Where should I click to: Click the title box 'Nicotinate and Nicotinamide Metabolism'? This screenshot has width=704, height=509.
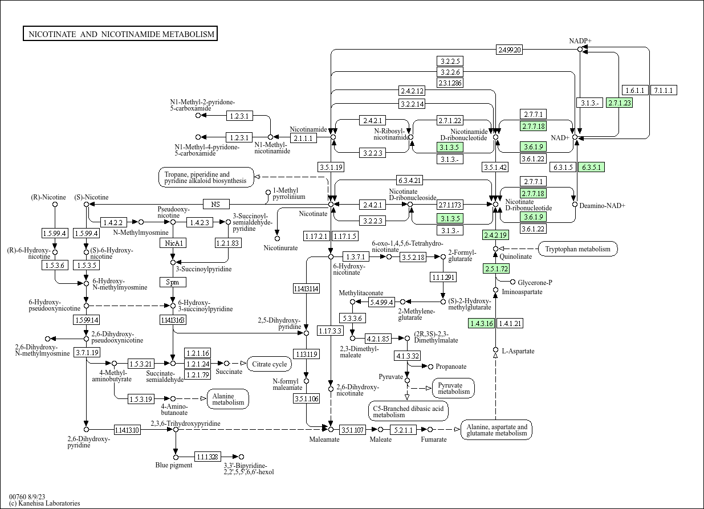click(x=121, y=34)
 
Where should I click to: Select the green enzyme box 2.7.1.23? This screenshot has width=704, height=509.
click(x=620, y=103)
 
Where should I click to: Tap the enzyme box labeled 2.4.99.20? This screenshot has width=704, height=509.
click(x=509, y=50)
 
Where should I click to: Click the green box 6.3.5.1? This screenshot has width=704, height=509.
click(x=591, y=167)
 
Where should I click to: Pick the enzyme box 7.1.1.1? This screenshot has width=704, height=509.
click(x=664, y=90)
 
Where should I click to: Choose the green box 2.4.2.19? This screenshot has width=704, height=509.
click(x=495, y=235)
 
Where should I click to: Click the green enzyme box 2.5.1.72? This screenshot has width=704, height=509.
click(x=496, y=268)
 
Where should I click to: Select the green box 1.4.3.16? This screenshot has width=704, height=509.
click(x=481, y=323)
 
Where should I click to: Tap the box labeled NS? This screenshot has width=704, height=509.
click(x=215, y=204)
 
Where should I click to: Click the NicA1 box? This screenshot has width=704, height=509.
click(x=173, y=243)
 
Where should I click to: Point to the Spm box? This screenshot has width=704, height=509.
click(x=173, y=282)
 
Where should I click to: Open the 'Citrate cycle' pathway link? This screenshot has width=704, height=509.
click(x=269, y=364)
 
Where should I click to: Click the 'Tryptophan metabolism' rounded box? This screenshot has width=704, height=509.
click(x=577, y=249)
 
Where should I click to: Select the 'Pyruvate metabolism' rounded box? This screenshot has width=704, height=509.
click(x=453, y=388)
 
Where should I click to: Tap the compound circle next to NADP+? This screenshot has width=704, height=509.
click(x=580, y=50)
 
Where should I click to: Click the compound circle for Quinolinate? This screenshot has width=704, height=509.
click(x=495, y=249)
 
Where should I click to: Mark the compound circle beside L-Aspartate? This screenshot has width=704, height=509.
click(x=495, y=350)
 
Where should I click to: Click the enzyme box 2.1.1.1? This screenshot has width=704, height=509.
click(x=303, y=138)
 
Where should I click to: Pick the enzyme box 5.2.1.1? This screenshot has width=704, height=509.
click(x=404, y=430)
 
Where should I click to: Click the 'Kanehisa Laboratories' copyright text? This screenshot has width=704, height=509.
click(x=44, y=503)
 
